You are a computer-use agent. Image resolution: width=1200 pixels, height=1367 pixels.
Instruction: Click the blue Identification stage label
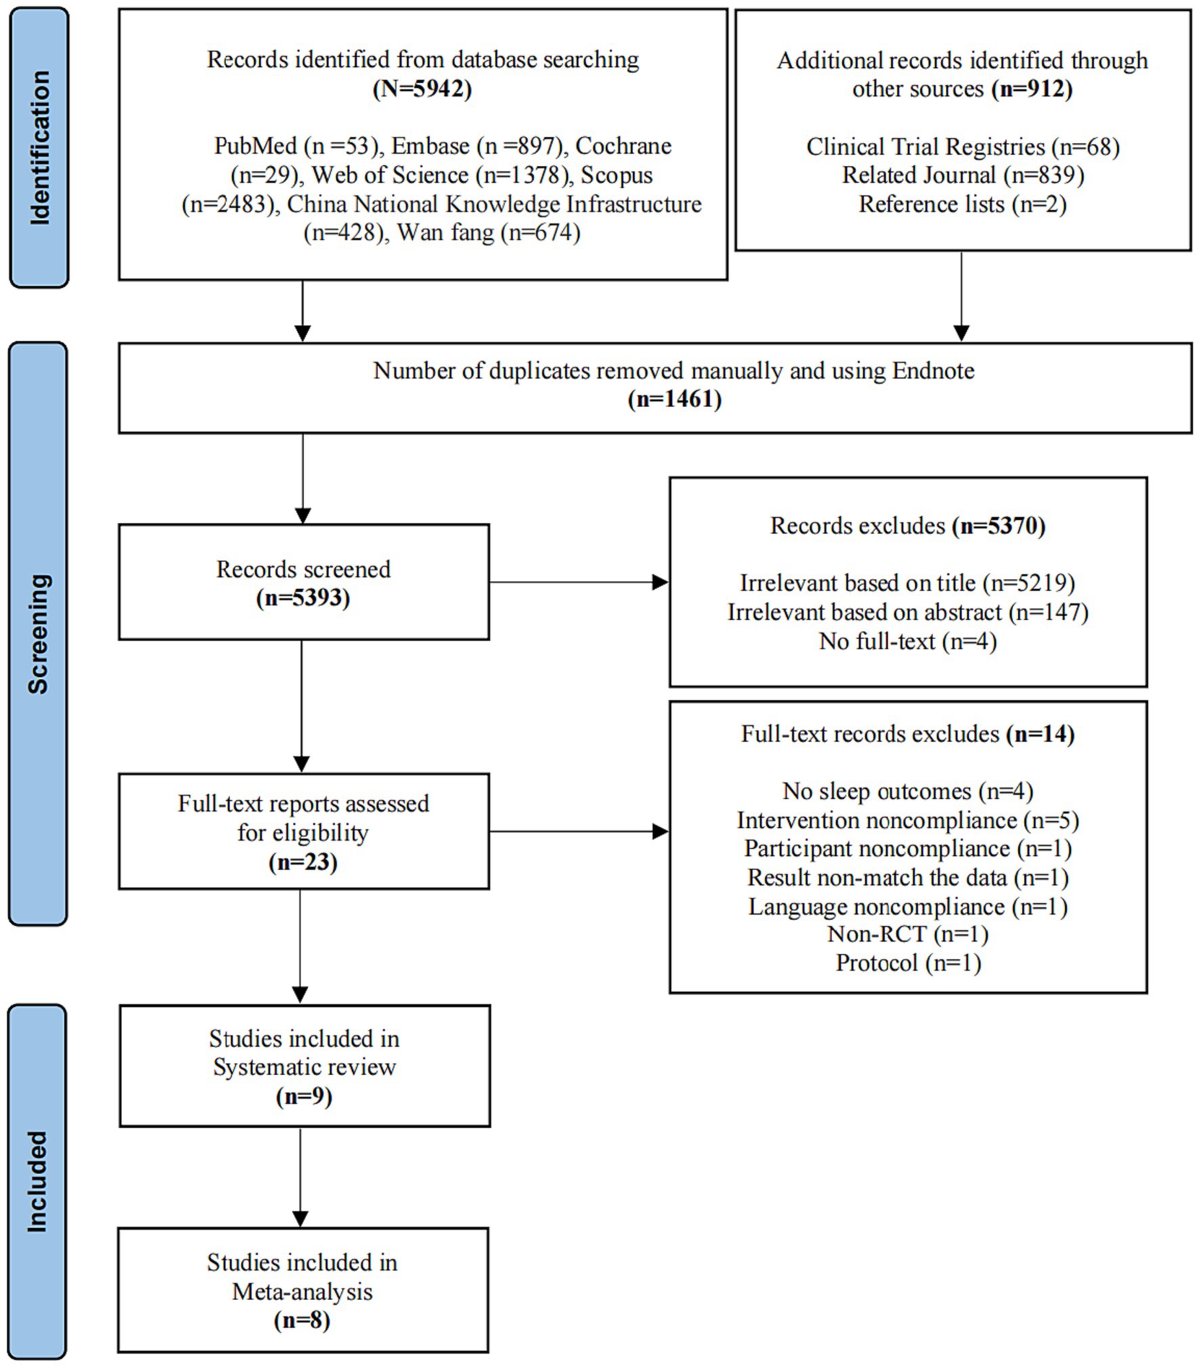[x=39, y=148]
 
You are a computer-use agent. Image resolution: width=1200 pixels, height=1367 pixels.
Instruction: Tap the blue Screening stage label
[x=39, y=633]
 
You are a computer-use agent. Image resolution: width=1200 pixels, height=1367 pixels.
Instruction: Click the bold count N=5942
[x=422, y=89]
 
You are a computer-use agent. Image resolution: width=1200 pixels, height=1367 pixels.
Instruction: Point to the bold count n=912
[x=1032, y=89]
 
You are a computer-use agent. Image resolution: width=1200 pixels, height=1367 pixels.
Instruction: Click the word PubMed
[x=255, y=146]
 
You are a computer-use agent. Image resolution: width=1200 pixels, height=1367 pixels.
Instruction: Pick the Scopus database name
[x=616, y=175]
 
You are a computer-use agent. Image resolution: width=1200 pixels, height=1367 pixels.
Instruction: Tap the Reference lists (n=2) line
[x=962, y=204]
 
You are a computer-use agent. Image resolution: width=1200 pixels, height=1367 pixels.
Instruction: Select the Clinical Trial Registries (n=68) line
[x=962, y=146]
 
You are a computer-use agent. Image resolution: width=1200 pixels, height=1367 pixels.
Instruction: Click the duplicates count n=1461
[x=674, y=399]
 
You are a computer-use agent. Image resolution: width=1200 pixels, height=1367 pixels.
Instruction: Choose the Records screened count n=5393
[x=303, y=598]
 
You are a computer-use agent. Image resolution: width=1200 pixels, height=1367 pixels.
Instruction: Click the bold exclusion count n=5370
[x=999, y=525]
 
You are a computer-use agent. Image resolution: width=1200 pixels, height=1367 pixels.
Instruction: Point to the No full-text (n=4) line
[x=907, y=641]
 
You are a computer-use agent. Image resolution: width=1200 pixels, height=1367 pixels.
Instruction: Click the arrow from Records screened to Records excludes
[x=579, y=582]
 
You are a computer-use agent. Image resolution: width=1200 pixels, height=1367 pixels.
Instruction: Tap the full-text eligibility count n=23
[x=303, y=862]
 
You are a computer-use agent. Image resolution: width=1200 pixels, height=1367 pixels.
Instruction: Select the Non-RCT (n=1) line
[x=907, y=934]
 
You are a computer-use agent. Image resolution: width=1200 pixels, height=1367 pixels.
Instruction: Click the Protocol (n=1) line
[x=908, y=962]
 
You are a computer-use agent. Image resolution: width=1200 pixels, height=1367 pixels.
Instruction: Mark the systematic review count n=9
[x=304, y=1096]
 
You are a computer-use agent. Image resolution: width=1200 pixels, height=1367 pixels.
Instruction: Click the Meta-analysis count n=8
[x=302, y=1320]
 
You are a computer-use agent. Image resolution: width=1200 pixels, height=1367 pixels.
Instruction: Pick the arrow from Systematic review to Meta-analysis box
[x=301, y=1177]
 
